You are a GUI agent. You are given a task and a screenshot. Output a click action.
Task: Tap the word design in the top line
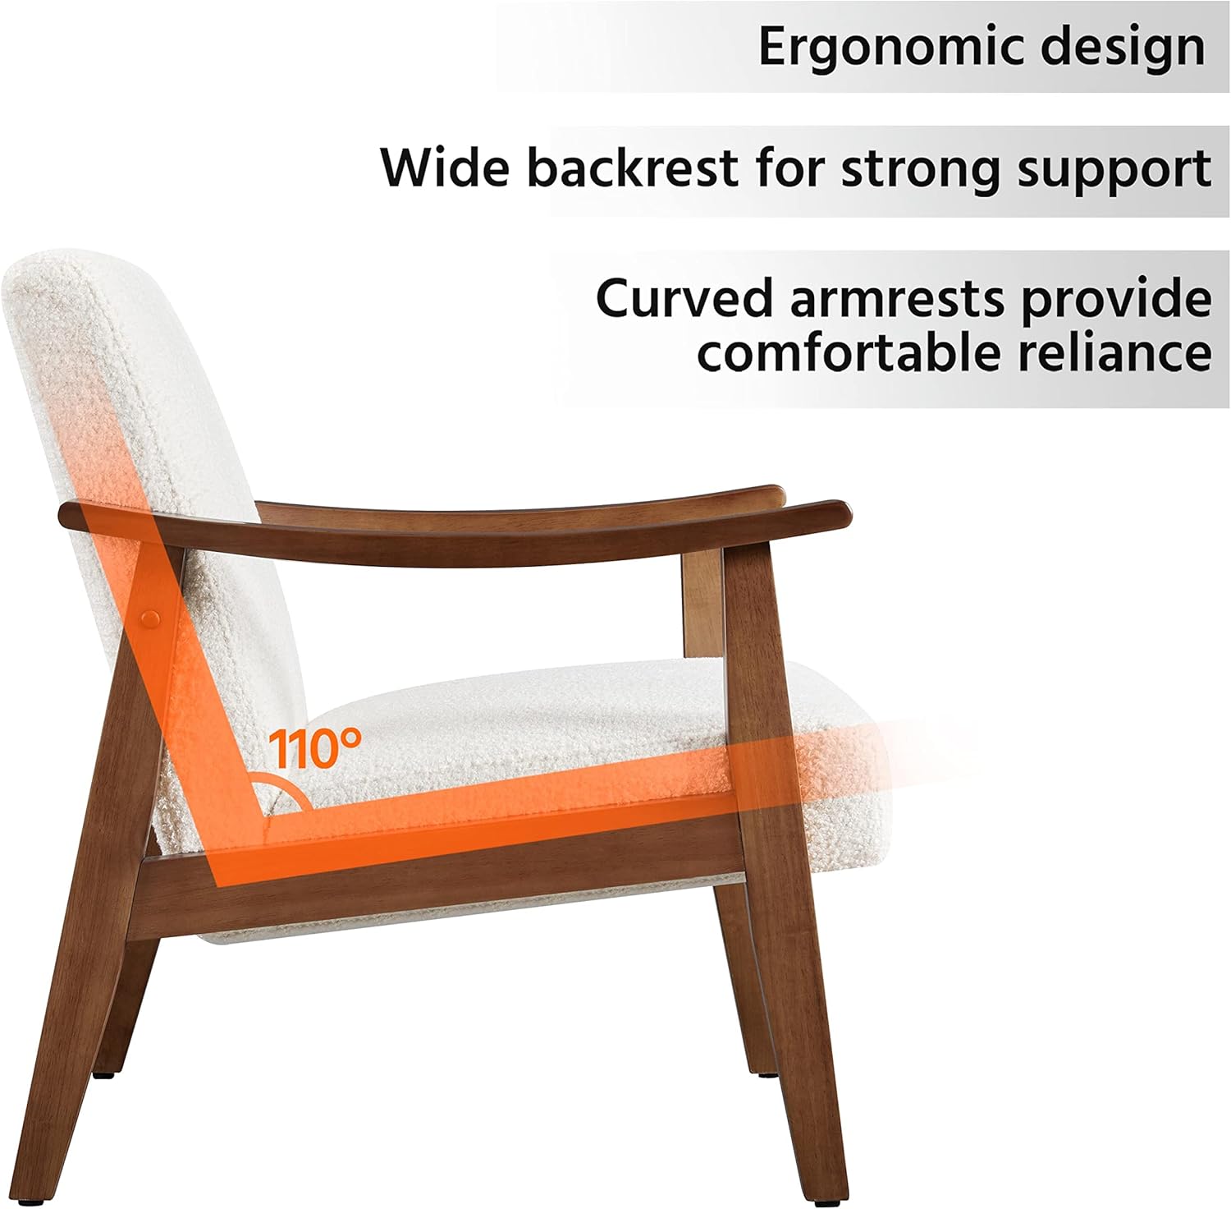pyautogui.click(x=1123, y=48)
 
